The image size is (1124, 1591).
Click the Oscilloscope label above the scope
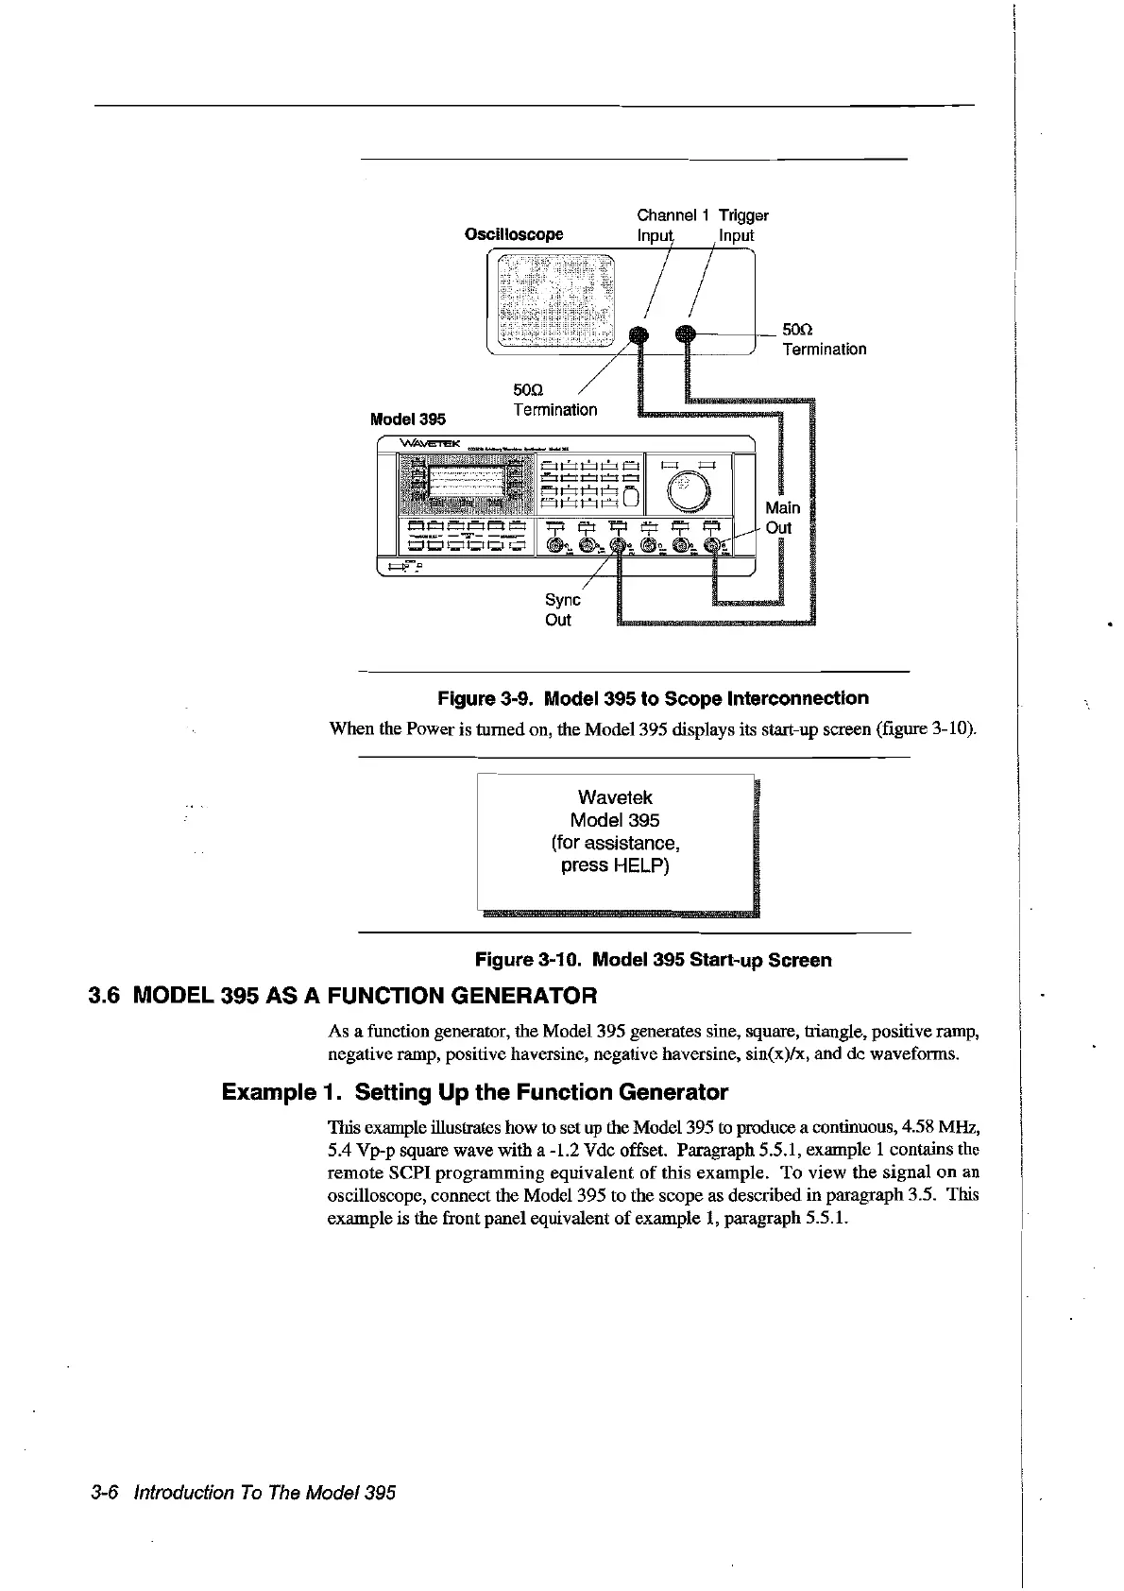[x=514, y=234]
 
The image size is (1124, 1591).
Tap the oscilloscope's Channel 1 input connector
[x=639, y=334]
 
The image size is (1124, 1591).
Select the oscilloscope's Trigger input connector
[x=686, y=333]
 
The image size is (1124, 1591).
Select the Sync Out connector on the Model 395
[x=618, y=545]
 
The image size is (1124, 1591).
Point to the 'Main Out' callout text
[x=782, y=518]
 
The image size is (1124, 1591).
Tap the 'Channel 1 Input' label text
[x=668, y=225]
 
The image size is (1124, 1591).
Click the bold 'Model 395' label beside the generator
[x=408, y=419]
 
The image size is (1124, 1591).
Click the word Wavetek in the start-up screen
[x=615, y=797]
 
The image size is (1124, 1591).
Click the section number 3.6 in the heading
[x=105, y=996]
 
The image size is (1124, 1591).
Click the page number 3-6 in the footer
[x=104, y=1493]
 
